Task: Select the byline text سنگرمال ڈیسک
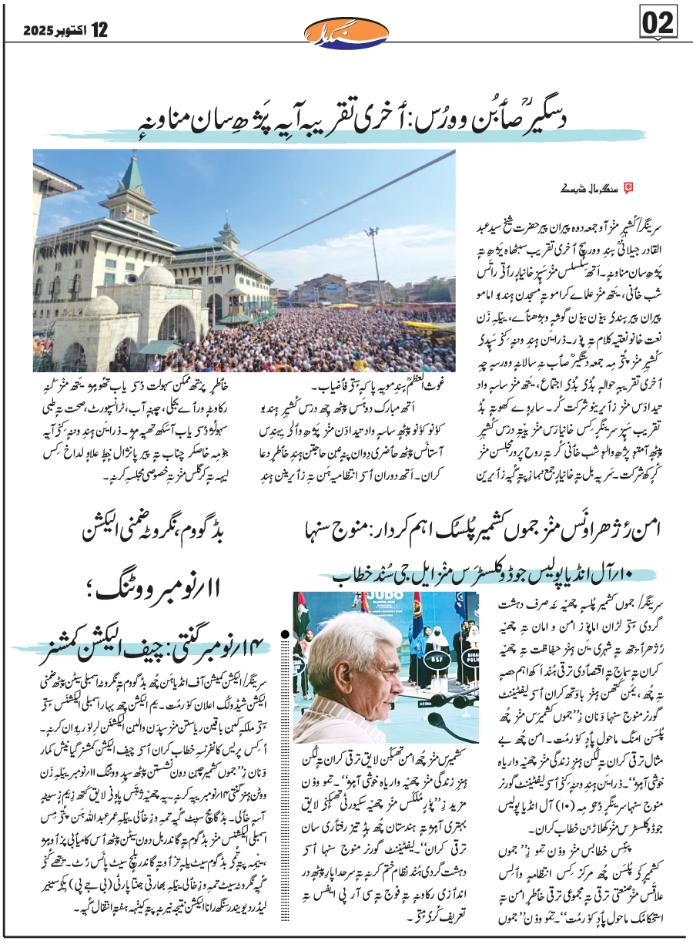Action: [598, 187]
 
